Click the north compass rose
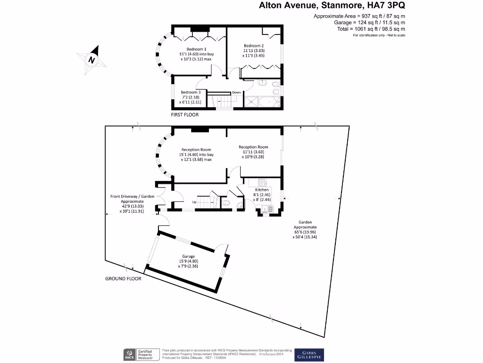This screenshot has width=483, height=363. point(91,59)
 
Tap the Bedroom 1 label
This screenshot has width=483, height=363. point(196,49)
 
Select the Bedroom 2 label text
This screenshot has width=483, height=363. point(253,45)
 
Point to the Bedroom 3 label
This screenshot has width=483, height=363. point(189,92)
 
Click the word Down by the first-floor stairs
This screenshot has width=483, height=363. point(236,93)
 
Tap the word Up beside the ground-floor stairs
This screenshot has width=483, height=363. point(194,202)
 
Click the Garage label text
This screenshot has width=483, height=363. point(189,256)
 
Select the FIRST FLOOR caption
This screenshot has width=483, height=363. point(184,115)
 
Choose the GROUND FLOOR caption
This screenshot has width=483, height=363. point(123,279)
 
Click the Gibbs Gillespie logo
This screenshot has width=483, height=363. point(309,354)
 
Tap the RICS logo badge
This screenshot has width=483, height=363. point(128,354)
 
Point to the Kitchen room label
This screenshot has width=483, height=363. point(261,190)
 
